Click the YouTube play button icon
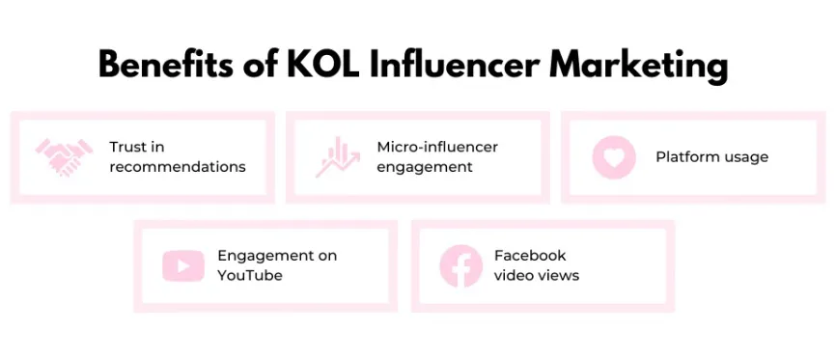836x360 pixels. click(x=182, y=265)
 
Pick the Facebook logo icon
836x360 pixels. click(x=460, y=265)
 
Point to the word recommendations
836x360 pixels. click(x=178, y=167)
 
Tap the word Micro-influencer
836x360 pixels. click(x=437, y=147)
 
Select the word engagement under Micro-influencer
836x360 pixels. click(x=425, y=167)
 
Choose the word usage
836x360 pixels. click(x=747, y=157)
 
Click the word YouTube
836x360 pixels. click(x=250, y=275)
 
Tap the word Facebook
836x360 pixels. click(x=530, y=256)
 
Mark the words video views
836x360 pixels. click(x=537, y=275)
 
